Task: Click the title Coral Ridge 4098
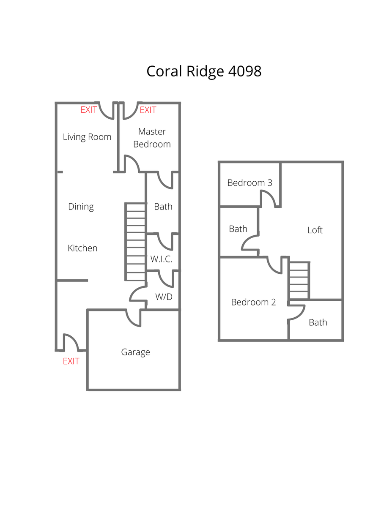204,71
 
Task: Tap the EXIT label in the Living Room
89,110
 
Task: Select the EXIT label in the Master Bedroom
148,110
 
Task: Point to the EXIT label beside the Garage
71,361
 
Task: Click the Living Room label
87,137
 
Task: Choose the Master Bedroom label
152,138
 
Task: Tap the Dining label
81,207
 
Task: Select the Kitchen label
82,248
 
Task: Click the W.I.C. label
162,259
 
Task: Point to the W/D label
164,297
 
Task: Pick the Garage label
135,352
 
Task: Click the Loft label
315,230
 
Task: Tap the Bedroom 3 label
249,183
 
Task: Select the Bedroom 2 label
253,302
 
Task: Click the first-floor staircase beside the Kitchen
135,242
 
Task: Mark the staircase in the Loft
299,280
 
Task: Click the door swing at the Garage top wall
134,318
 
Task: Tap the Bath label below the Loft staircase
318,322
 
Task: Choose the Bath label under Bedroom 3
238,229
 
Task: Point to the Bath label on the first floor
163,207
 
